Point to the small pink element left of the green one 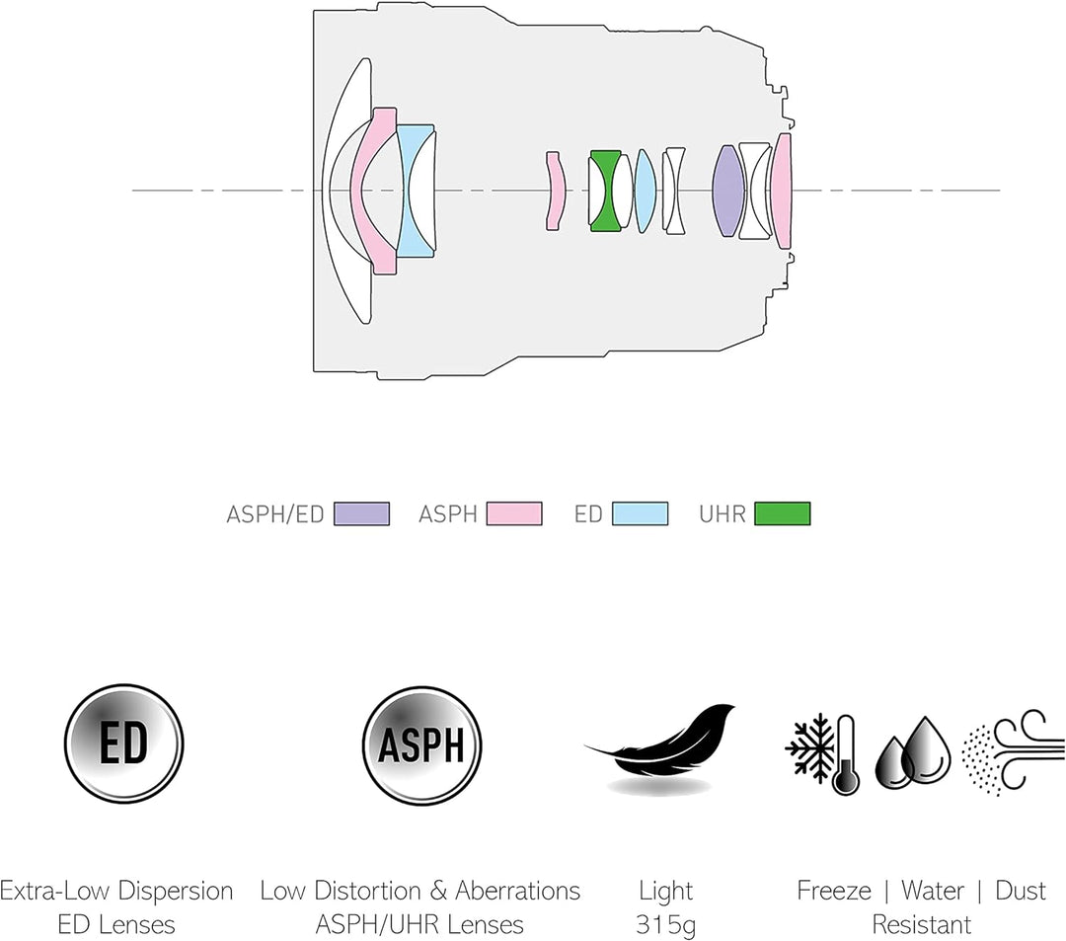click(x=556, y=191)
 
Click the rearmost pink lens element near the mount click(x=783, y=191)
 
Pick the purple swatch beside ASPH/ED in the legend click(x=361, y=514)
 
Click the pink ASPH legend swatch click(x=514, y=514)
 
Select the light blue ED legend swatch click(x=640, y=514)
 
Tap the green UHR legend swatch click(x=783, y=514)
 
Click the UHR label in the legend click(x=722, y=514)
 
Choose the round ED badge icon click(x=124, y=744)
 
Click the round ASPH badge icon click(x=421, y=745)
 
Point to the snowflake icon click(x=809, y=746)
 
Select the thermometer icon click(x=845, y=754)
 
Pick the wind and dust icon click(x=1013, y=751)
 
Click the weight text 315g click(x=665, y=924)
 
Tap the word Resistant click(x=921, y=924)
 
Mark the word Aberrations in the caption click(x=517, y=891)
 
